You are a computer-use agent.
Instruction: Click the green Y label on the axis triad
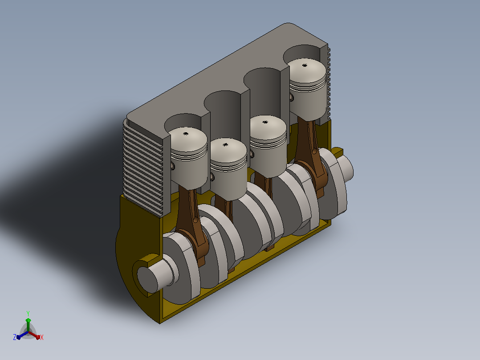tap(28, 314)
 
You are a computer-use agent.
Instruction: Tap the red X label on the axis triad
tap(42, 337)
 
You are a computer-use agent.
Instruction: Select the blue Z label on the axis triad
tap(15, 337)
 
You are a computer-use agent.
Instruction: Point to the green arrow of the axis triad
tap(28, 324)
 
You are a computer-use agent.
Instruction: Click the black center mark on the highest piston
tap(305, 65)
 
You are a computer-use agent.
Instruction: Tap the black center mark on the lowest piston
tap(225, 145)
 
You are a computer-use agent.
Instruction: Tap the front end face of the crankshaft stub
tap(147, 279)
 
